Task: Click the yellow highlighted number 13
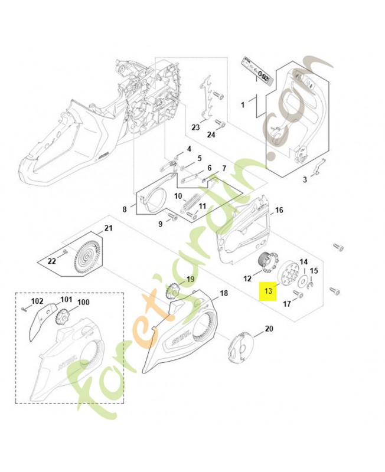click(x=269, y=290)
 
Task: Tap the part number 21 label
click(x=108, y=228)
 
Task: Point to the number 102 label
click(x=37, y=301)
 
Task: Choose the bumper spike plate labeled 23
click(x=206, y=96)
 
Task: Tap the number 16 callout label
click(x=279, y=210)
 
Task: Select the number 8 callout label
click(x=125, y=209)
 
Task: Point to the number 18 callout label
click(x=224, y=293)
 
